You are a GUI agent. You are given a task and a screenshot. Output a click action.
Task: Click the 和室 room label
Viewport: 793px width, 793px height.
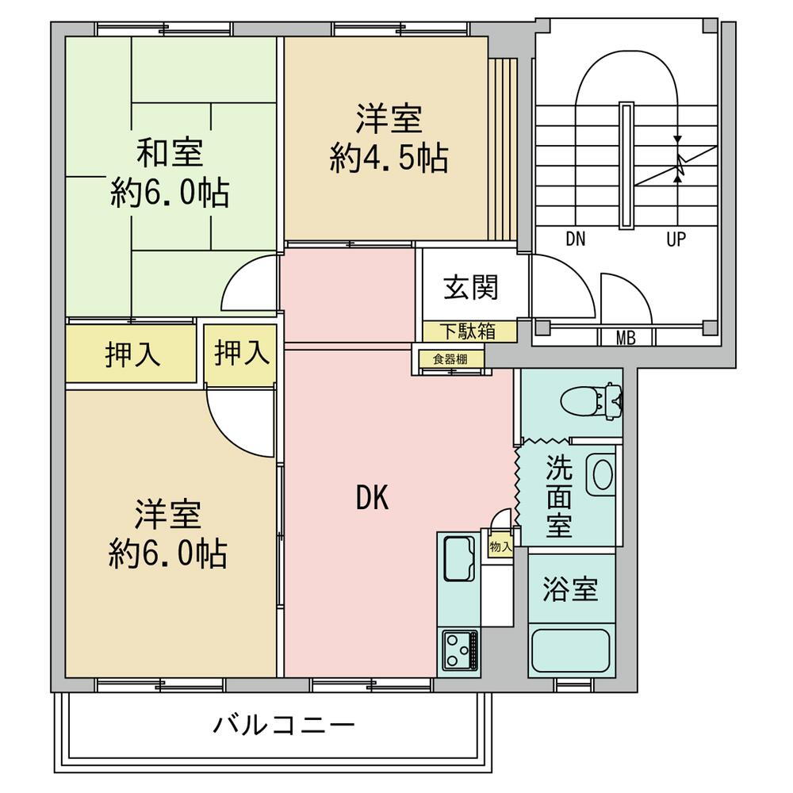pos(170,152)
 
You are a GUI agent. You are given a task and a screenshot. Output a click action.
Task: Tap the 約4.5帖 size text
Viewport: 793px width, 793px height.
pos(389,159)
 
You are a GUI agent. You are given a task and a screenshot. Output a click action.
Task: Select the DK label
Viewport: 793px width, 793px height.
pos(371,497)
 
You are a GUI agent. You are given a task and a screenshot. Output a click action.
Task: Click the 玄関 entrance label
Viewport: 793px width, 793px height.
pos(471,287)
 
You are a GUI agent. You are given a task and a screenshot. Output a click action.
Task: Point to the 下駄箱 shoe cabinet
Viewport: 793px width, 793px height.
pos(469,331)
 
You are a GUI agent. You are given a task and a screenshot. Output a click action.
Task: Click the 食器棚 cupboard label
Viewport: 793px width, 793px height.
pos(450,358)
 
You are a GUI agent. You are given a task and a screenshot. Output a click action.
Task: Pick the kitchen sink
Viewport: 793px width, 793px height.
pos(458,557)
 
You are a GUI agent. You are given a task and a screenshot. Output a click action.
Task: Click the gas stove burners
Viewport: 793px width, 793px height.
pos(459,649)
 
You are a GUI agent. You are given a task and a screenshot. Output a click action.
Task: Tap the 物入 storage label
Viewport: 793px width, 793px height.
pos(500,546)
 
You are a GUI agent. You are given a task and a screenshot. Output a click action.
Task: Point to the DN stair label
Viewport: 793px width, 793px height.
pos(576,239)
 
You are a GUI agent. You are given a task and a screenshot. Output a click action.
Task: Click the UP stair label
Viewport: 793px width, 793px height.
pos(676,239)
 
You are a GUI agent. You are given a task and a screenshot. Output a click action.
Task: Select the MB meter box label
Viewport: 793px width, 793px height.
pos(626,339)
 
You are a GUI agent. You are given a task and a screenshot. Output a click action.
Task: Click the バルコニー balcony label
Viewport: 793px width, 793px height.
pos(283,724)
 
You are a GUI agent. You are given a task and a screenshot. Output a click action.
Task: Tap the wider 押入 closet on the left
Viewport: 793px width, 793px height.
pos(132,354)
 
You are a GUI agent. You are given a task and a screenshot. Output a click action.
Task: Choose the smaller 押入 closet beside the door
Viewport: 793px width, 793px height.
pos(241,353)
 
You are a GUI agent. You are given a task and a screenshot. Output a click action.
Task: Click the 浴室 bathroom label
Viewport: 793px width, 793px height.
pos(570,589)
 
